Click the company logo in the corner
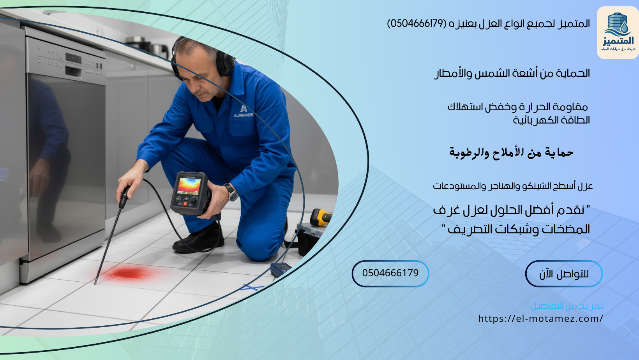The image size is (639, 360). coord(618,33)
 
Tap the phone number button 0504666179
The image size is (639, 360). coord(390,273)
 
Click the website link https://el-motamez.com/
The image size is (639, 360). coord(540,319)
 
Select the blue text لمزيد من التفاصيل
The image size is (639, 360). coord(567,306)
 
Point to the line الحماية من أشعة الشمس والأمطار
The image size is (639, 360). coord(512,73)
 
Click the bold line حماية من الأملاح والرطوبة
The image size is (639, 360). coord(511,152)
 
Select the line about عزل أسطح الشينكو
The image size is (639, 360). coord(513,186)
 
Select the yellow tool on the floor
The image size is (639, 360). coord(321,217)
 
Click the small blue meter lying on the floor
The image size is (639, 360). coord(281,269)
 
